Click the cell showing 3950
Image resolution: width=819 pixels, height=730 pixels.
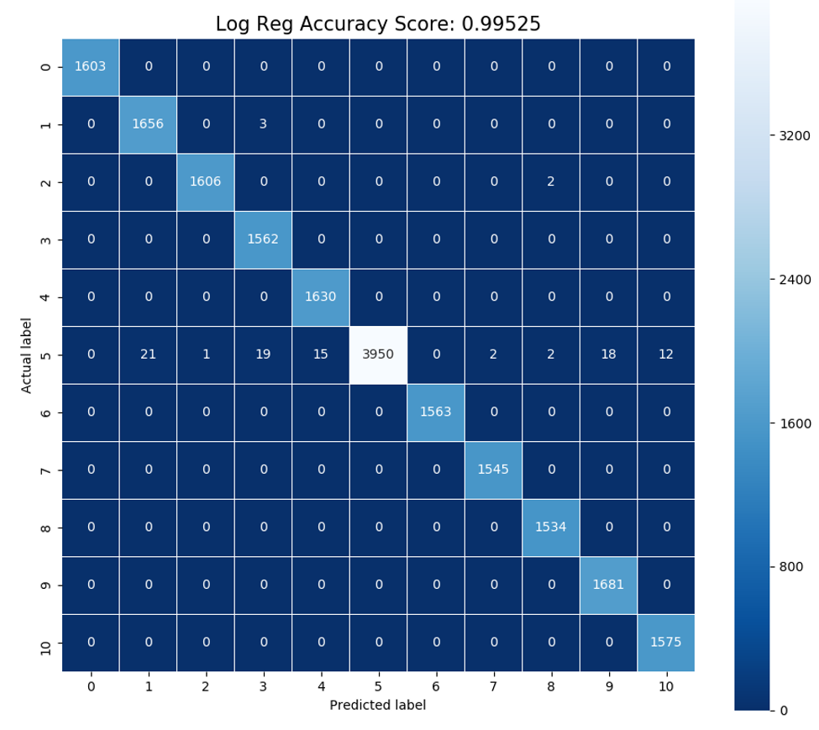coord(378,354)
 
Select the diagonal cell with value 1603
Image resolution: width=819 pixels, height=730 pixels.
coord(91,66)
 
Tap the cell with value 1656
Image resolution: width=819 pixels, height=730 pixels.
coord(148,124)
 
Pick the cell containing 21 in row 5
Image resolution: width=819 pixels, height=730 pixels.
coord(148,354)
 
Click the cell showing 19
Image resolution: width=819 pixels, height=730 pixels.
coord(263,354)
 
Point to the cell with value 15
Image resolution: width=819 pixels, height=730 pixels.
coord(321,354)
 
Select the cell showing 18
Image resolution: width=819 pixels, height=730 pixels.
coord(608,354)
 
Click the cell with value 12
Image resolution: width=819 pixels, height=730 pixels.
coord(666,354)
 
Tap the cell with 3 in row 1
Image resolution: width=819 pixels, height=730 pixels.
coord(263,124)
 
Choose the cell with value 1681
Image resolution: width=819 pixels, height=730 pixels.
coord(608,585)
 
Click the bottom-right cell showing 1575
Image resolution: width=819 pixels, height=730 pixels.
coord(666,642)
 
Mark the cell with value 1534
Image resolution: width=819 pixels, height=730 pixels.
coord(551,527)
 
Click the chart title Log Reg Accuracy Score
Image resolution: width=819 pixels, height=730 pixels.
coord(378,24)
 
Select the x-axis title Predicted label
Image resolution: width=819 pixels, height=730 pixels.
coord(378,705)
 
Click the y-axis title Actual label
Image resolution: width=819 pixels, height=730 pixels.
coord(27,354)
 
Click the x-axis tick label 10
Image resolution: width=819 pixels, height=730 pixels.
coord(666,685)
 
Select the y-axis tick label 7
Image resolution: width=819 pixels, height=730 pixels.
coord(46,470)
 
